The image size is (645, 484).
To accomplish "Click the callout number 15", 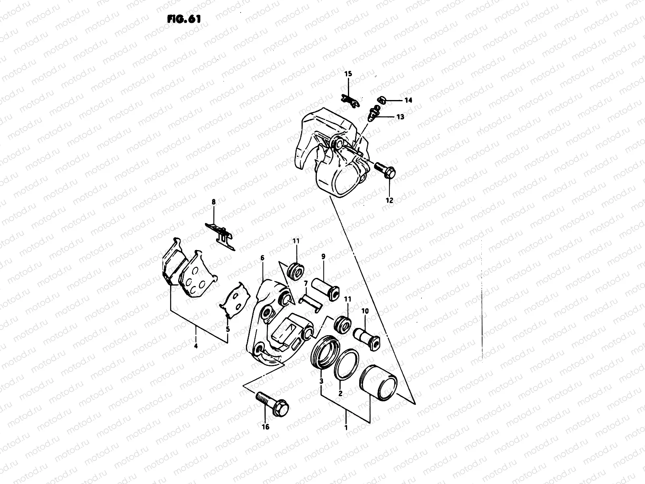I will click(x=348, y=73).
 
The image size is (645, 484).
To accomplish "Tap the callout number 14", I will click(x=408, y=100).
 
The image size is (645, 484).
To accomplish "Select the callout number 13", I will click(x=400, y=117).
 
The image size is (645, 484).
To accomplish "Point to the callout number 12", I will click(x=389, y=200).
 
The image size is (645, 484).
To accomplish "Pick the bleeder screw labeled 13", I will click(x=375, y=113).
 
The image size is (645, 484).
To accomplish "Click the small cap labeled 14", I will click(x=382, y=99).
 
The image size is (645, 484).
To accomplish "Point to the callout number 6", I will click(x=262, y=257).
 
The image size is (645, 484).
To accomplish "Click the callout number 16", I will click(x=266, y=427).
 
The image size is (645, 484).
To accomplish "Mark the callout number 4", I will click(x=196, y=346).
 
